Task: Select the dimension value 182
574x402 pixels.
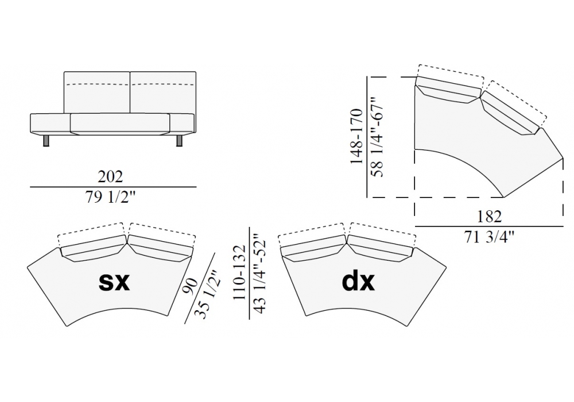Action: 490,217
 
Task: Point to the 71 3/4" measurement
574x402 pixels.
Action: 490,237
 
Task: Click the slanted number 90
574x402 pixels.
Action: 192,285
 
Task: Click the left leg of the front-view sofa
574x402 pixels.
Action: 46,141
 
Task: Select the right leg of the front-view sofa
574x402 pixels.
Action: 180,141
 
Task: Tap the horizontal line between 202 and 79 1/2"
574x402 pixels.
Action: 113,187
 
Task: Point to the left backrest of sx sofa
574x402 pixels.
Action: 92,252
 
